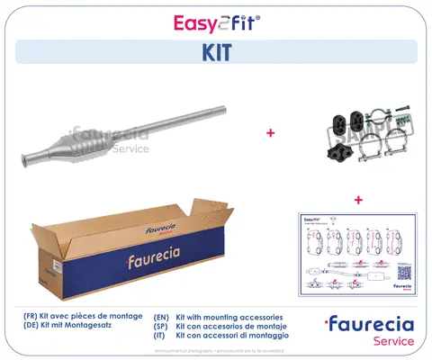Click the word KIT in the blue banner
(216, 52)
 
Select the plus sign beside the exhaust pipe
(269, 133)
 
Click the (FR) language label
(32, 318)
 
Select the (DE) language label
(32, 328)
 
